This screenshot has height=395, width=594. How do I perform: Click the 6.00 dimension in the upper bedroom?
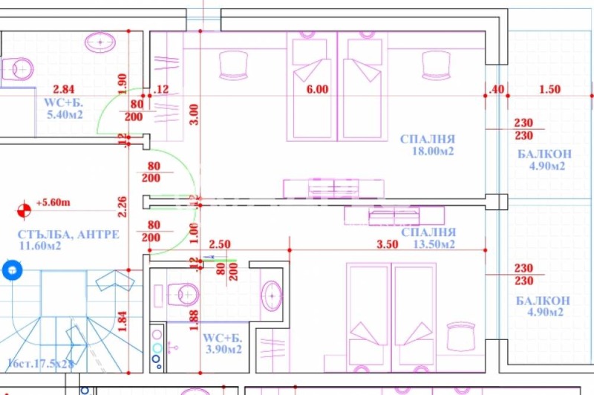317,90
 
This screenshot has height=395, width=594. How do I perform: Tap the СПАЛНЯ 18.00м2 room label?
427,145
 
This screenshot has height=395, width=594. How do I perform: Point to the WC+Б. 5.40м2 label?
65,108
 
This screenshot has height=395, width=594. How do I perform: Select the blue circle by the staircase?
10,270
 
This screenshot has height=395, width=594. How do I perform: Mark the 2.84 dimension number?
64,90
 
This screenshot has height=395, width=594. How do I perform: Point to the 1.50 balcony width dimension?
549,90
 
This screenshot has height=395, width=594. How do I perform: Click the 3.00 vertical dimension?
194,113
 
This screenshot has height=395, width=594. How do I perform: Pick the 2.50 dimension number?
220,244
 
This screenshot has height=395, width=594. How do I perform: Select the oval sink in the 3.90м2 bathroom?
272,298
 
